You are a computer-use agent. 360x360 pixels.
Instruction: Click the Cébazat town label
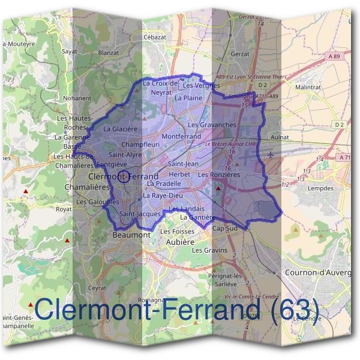tap(154, 37)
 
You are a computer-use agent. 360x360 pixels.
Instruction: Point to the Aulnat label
tap(280, 137)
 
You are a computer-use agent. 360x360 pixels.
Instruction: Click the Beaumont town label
tap(131, 235)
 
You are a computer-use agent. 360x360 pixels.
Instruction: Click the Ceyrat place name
tap(97, 287)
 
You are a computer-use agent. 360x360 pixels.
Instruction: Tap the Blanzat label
tap(109, 52)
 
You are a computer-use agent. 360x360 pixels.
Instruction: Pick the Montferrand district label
tap(181, 137)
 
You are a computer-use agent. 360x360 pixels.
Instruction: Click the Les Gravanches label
tap(211, 125)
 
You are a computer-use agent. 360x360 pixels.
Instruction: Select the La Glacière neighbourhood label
tap(121, 128)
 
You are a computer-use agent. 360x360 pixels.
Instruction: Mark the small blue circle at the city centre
tap(123, 176)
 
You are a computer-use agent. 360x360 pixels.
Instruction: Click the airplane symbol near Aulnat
tap(272, 154)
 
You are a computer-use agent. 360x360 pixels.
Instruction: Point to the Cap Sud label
tap(225, 229)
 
